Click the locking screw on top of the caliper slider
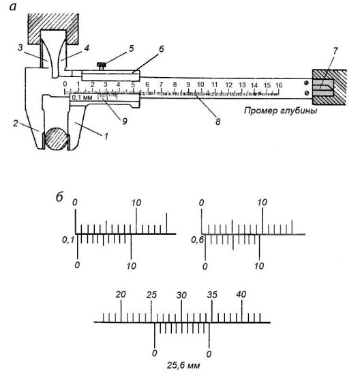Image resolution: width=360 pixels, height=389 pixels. point(101,66)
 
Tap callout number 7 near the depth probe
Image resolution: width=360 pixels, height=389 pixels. point(335,51)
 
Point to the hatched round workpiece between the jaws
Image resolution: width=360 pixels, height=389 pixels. point(57,139)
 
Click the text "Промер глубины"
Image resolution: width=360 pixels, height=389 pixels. point(280,110)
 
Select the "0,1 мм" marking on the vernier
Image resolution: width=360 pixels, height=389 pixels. point(82,98)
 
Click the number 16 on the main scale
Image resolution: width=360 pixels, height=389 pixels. point(279,85)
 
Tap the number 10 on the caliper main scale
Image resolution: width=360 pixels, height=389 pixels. point(200,85)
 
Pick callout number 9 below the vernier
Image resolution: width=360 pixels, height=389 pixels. point(125,121)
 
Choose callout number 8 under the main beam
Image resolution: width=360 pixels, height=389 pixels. point(217,121)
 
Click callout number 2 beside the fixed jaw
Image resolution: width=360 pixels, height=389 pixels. point(16,123)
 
